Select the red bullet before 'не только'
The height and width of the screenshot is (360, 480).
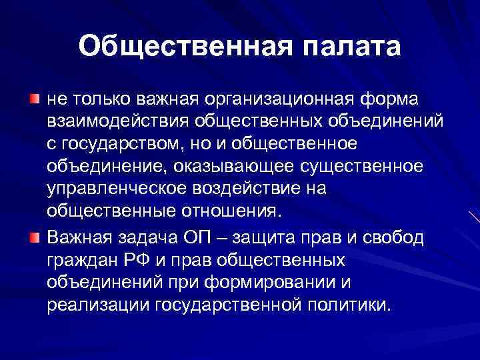[x=34, y=99]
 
